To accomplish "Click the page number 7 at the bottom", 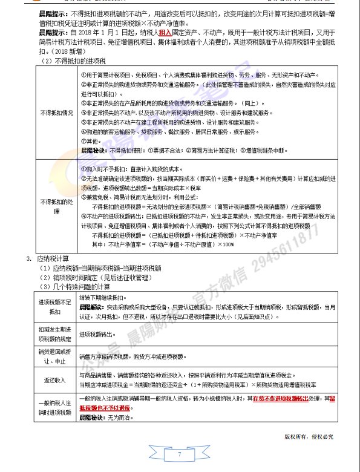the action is [x=180, y=454].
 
